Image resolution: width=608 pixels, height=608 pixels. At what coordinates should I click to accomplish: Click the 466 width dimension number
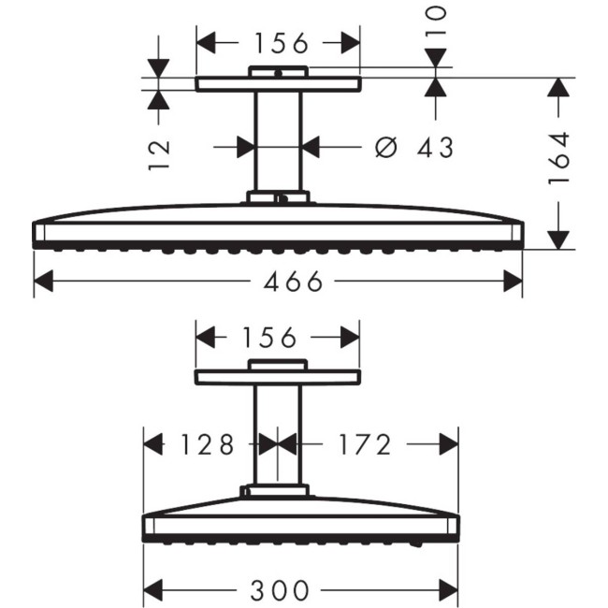(278, 282)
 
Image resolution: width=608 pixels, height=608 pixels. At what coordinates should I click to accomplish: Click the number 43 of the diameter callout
(433, 147)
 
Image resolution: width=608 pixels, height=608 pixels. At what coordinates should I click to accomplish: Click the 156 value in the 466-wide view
(278, 43)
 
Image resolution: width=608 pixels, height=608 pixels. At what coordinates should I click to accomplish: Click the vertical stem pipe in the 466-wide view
(278, 140)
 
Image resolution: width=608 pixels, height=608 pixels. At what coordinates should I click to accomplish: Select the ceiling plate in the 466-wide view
(278, 84)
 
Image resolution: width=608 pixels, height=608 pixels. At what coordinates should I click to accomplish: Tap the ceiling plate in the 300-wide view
(277, 377)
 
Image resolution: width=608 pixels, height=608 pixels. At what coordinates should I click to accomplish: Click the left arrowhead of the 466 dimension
(43, 282)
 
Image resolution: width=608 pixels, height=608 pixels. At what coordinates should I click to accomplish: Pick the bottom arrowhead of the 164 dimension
(558, 239)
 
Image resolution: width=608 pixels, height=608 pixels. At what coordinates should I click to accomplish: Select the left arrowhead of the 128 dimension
(152, 444)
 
